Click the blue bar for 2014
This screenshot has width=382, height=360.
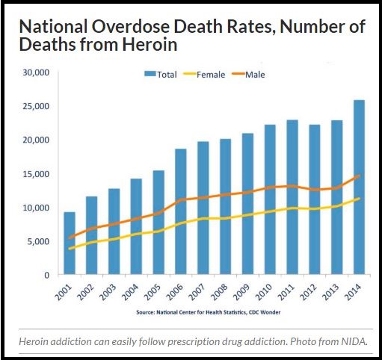coord(358,187)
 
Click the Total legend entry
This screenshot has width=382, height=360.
coord(162,75)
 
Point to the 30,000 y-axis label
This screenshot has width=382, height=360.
coord(35,72)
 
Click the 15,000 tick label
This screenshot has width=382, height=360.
coord(35,174)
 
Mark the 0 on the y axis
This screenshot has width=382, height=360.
coord(46,275)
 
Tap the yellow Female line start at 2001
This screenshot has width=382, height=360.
coord(69,249)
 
